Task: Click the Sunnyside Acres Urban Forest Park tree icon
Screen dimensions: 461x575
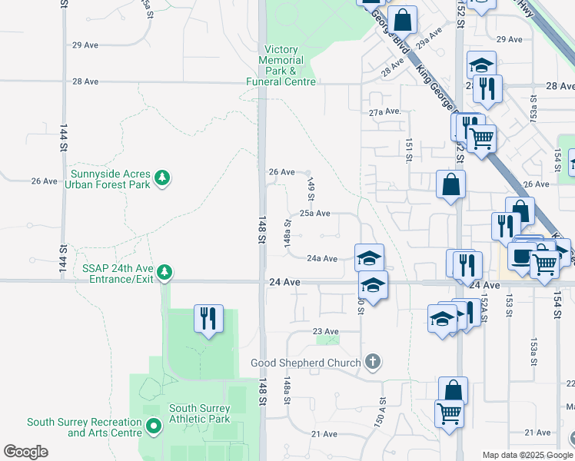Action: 161,178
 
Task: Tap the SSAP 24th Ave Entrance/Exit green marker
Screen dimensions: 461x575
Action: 164,271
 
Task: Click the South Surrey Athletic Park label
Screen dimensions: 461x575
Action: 199,414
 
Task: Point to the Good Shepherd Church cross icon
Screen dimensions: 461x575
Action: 372,362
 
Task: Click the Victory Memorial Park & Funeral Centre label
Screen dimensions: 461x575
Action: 281,65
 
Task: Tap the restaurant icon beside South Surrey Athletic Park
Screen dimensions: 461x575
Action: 208,317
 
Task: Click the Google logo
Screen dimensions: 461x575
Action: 25,452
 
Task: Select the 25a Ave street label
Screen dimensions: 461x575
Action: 314,214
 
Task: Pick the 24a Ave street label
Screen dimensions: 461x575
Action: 322,259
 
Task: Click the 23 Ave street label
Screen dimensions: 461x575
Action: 325,331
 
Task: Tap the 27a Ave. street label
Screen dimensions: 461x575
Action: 385,111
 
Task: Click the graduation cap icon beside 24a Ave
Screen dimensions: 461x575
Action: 369,257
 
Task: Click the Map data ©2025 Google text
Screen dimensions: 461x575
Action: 528,455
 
